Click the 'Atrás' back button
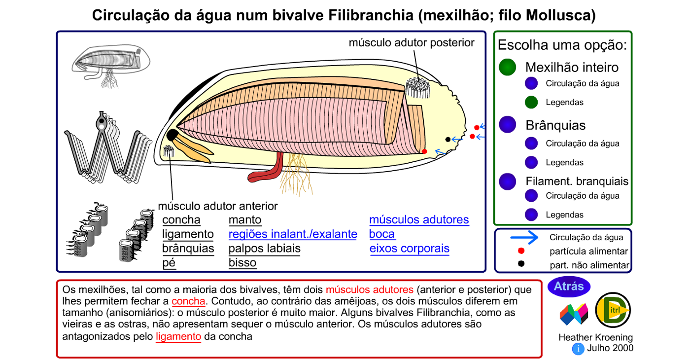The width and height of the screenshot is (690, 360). pos(569,287)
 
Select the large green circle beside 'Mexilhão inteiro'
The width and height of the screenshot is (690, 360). pos(507,67)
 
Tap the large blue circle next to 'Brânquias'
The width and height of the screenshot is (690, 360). pos(507,125)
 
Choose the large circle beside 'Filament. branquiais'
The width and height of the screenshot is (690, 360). pos(507,181)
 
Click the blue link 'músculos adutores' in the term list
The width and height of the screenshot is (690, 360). pos(419,220)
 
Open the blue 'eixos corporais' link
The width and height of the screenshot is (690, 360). pos(409,249)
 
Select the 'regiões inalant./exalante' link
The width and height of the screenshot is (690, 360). pos(293,234)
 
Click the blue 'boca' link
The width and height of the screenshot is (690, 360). pos(382,234)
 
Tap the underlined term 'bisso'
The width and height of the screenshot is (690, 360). pos(242,263)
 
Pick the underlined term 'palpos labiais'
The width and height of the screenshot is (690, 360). pos(264,249)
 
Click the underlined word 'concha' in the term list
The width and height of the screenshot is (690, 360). pos(181,220)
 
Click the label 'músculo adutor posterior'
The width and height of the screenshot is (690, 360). pos(412,43)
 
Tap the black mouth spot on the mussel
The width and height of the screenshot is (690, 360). pos(172,135)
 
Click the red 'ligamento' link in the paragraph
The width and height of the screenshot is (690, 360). pos(178,337)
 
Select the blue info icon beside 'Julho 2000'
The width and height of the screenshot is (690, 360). pos(578,349)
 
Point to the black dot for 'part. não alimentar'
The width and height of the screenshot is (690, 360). pos(521,264)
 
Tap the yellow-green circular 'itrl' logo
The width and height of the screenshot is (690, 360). pos(613,310)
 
